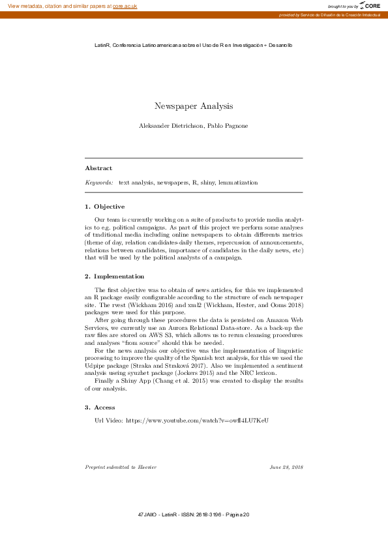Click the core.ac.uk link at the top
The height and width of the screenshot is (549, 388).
pos(125,6)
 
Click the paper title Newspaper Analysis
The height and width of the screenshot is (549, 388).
pos(194,106)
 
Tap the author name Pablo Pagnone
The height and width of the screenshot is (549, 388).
pos(228,125)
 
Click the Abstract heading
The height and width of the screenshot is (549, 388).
pos(98,168)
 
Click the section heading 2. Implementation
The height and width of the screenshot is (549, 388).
pos(115,276)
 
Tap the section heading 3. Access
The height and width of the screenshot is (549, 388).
pos(100,408)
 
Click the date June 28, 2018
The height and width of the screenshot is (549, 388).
pos(286,467)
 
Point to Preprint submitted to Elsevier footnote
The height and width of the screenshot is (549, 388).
pos(121,467)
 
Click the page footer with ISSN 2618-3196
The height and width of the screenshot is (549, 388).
pos(194,515)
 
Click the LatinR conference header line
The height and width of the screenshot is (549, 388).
pos(194,45)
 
